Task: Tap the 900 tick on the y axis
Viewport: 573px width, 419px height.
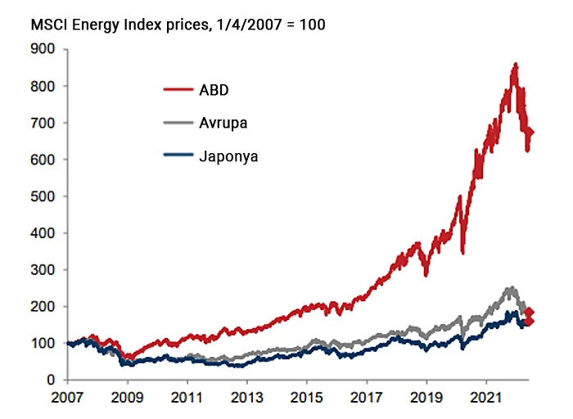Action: click(x=43, y=49)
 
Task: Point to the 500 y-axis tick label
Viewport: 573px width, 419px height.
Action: click(x=43, y=196)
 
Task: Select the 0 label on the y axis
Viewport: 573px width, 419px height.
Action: click(x=51, y=381)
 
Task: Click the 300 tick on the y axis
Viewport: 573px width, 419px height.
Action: click(x=43, y=270)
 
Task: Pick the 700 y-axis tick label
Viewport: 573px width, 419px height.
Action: click(x=43, y=123)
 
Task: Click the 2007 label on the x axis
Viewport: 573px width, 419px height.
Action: click(x=69, y=402)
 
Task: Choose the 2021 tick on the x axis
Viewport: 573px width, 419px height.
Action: click(x=486, y=402)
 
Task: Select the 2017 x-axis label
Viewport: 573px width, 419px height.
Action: click(x=367, y=402)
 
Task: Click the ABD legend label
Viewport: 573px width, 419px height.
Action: click(x=214, y=89)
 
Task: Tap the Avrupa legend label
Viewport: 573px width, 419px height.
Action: click(x=223, y=123)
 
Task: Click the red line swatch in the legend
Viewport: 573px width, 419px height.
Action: click(x=178, y=89)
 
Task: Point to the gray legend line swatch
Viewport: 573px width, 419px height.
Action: click(x=178, y=123)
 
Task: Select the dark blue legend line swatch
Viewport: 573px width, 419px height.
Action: click(x=178, y=156)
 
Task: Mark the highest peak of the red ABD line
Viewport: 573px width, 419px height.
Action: click(x=515, y=64)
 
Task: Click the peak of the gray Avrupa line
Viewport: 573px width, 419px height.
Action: click(x=512, y=288)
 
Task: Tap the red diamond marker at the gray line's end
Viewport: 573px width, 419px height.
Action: click(x=530, y=313)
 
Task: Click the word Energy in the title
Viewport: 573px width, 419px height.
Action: click(x=91, y=25)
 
